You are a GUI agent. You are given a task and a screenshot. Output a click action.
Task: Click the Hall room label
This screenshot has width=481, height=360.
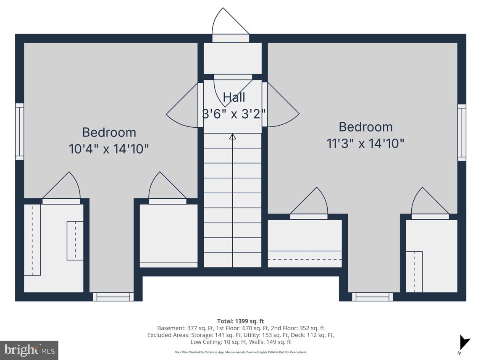click(234, 97)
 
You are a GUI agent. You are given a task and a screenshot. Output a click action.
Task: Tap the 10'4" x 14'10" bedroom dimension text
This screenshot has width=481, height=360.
click(109, 149)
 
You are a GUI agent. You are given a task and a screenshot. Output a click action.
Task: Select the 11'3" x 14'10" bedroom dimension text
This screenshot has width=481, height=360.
click(365, 144)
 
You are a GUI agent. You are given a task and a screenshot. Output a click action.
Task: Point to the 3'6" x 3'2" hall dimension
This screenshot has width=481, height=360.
click(234, 114)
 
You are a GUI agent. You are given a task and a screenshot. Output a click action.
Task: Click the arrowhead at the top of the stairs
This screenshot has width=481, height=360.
click(232, 137)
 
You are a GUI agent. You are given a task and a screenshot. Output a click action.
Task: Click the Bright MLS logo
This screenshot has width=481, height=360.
click(29, 350)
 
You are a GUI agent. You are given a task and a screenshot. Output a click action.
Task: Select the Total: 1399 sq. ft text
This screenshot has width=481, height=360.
click(240, 321)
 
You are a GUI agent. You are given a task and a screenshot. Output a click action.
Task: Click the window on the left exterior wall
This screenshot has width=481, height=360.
click(19, 131)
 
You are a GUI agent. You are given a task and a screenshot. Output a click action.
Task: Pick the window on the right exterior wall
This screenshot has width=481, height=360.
click(462, 132)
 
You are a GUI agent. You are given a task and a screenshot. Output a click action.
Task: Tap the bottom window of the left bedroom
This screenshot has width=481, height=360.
click(113, 297)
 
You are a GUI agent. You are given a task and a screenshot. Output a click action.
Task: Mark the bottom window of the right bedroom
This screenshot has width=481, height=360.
click(372, 297)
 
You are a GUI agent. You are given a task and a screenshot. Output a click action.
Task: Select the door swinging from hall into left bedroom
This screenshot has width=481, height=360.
click(184, 106)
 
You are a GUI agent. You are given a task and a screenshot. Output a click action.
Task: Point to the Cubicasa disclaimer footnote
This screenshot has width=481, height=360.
click(240, 352)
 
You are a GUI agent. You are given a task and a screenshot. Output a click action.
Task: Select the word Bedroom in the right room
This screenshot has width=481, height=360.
click(365, 127)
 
